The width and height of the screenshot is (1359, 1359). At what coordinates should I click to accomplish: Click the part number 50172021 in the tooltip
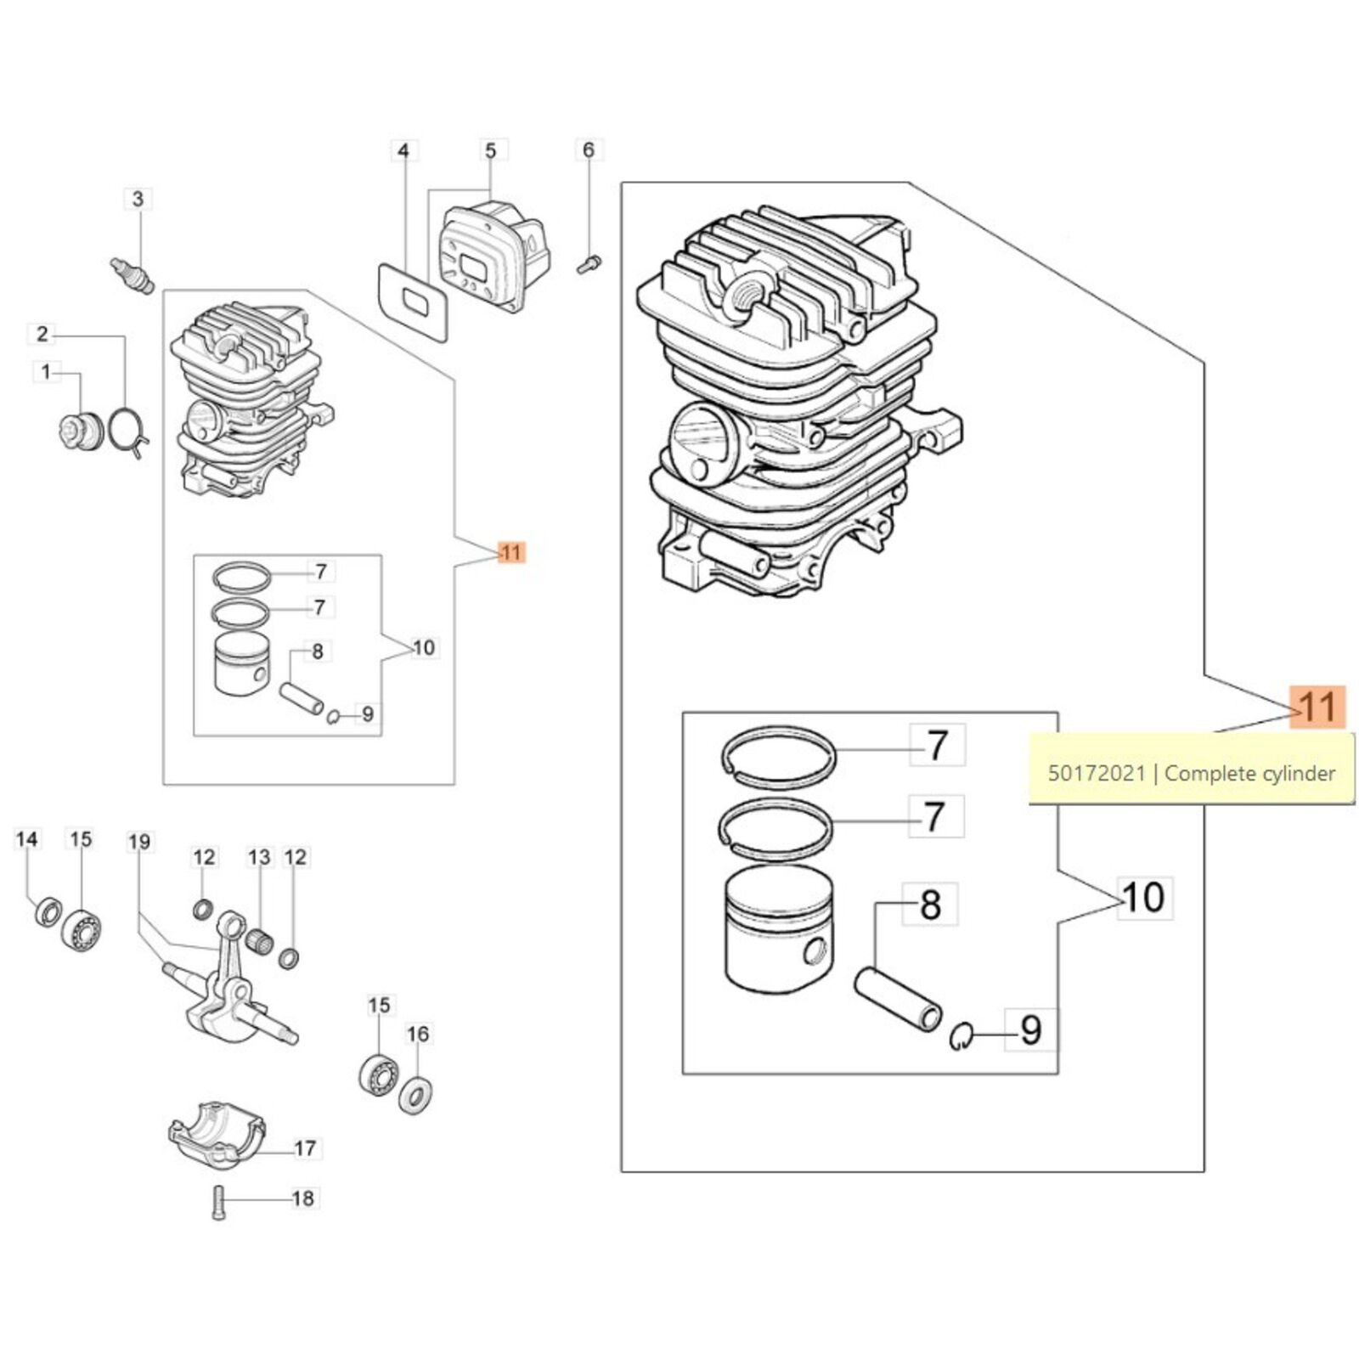[1097, 773]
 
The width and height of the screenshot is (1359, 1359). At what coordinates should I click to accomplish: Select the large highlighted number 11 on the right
[1317, 707]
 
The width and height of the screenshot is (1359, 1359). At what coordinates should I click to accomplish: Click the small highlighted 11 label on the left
[511, 553]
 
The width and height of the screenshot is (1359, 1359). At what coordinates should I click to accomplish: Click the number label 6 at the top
[589, 150]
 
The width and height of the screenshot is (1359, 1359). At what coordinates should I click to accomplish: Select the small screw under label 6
[588, 264]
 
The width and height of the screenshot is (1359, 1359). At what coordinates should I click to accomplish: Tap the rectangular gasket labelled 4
[412, 302]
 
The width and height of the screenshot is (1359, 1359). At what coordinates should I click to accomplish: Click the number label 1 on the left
[47, 371]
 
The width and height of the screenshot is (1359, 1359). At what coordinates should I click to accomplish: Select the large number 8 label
[931, 904]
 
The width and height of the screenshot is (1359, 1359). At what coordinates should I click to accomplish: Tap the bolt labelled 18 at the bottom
[219, 1202]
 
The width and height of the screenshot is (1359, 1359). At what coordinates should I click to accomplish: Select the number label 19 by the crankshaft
[139, 842]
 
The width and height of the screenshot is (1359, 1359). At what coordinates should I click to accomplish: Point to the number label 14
[27, 839]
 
